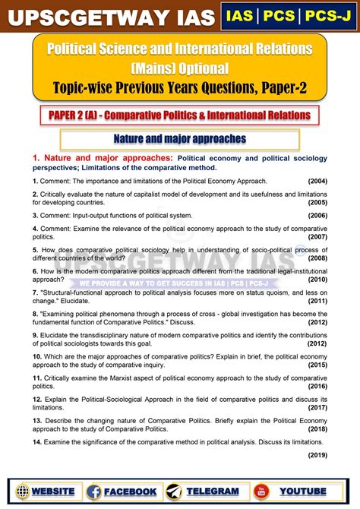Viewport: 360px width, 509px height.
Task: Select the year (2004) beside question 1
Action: point(317,181)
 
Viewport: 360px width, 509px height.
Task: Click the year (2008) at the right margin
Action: point(317,258)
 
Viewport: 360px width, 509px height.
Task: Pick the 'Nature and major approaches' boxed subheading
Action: point(179,139)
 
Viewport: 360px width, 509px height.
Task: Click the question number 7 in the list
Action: point(35,292)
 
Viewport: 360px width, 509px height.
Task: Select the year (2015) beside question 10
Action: point(317,365)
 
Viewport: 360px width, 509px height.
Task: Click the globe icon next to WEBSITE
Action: point(22,492)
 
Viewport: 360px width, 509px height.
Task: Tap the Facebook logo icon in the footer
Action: point(94,492)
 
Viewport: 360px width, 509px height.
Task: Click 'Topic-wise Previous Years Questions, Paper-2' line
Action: point(179,87)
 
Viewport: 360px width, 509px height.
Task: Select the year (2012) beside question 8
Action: point(317,322)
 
